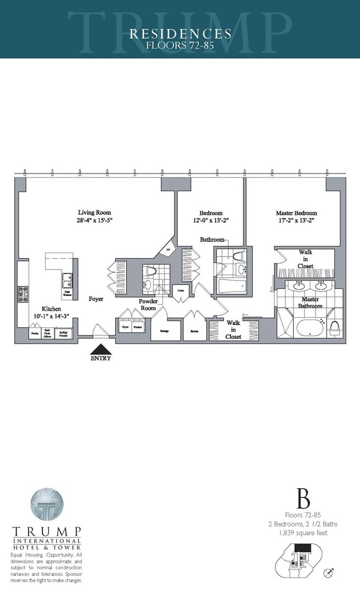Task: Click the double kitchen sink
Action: click(67, 281)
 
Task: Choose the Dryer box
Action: click(124, 326)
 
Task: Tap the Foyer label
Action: click(97, 299)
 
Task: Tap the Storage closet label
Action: click(164, 331)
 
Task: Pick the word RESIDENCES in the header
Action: click(180, 34)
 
